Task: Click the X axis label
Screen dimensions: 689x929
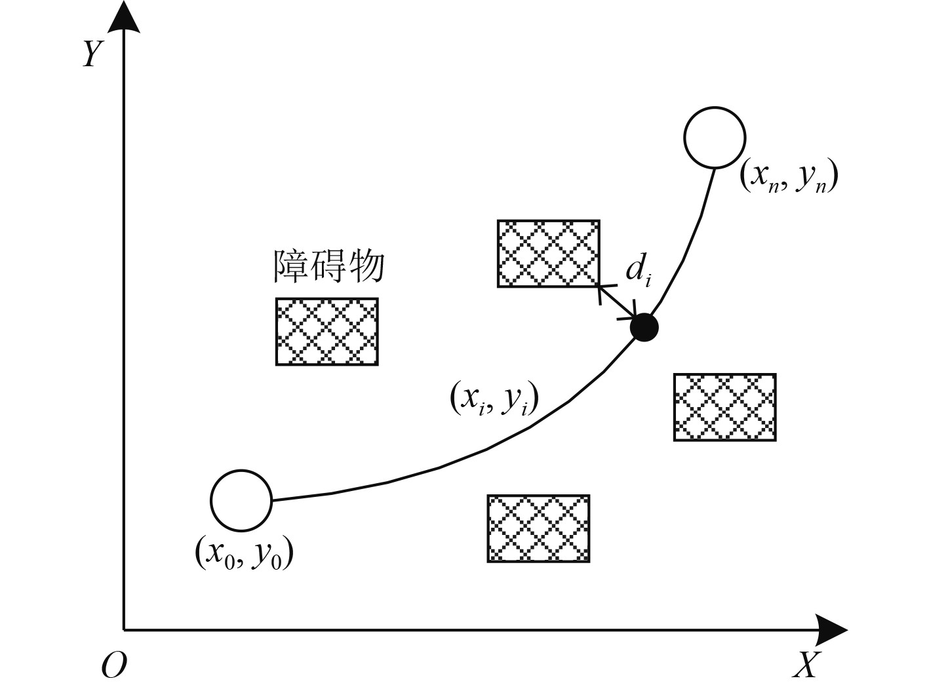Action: point(806,666)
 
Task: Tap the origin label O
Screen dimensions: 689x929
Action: point(114,666)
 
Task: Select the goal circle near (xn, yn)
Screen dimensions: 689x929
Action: point(714,138)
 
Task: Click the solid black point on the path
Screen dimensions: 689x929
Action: point(644,327)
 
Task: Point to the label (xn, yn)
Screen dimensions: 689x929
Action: point(789,177)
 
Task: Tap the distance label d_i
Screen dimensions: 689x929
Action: point(637,270)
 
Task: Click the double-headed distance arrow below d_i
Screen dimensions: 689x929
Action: point(618,302)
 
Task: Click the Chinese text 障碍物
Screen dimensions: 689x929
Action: point(328,266)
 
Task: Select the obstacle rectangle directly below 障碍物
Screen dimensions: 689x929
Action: point(326,331)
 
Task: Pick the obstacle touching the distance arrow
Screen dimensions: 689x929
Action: point(548,254)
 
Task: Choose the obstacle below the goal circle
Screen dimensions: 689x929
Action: point(724,407)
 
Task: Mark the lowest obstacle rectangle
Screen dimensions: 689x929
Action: point(538,528)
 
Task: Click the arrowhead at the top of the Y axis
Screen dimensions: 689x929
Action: point(124,16)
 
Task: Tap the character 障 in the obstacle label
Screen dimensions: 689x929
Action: point(290,266)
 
